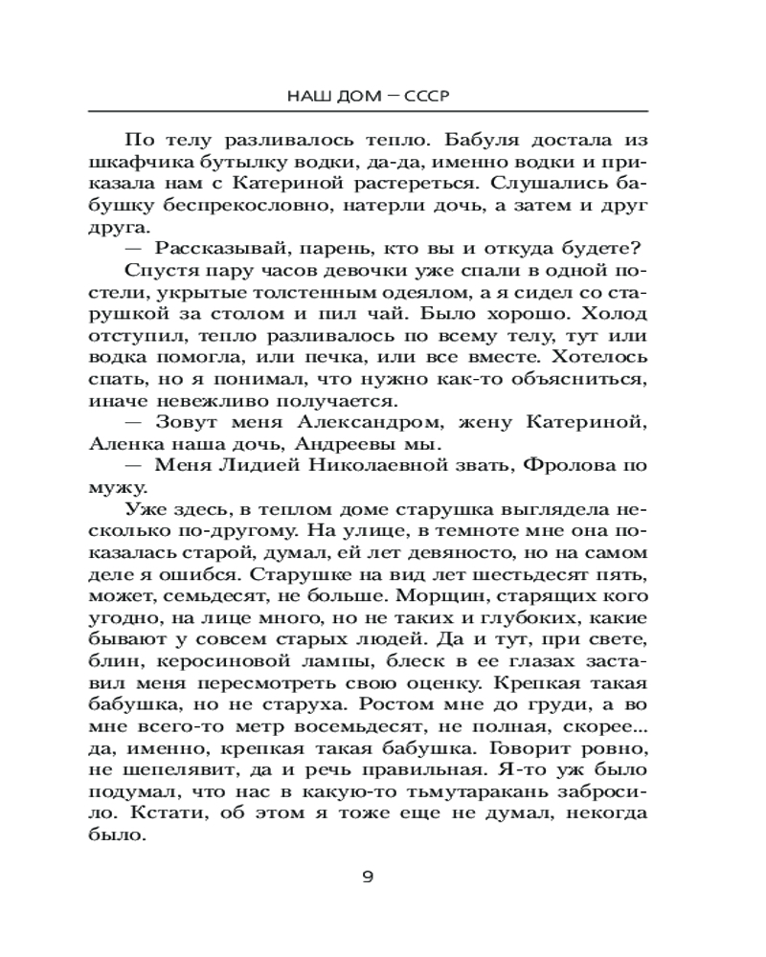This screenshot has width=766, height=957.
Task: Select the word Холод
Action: click(608, 316)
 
